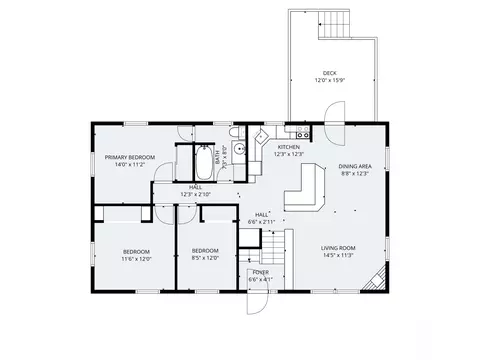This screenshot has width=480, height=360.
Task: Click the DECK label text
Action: (329, 73)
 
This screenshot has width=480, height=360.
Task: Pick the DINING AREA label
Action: (355, 166)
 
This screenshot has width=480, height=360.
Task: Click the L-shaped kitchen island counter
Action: (310, 189)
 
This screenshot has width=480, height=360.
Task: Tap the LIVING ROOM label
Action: (339, 248)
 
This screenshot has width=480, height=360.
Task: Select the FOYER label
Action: (260, 272)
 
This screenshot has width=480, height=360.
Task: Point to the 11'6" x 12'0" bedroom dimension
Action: (136, 257)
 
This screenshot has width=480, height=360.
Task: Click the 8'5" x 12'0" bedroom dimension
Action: (205, 257)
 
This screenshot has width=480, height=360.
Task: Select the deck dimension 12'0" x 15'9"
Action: (329, 80)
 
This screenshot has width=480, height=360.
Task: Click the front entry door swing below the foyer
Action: (257, 300)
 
